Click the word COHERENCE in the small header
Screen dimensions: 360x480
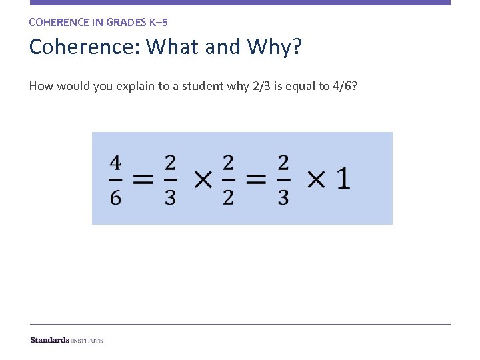tap(58, 22)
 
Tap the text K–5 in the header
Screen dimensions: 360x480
tap(161, 22)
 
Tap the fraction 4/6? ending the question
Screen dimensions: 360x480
tap(345, 85)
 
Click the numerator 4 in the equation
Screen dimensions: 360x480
tap(116, 163)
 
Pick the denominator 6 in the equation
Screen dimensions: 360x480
tap(116, 198)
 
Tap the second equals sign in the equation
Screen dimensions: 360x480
tap(255, 179)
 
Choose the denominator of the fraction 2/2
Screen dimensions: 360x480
tap(228, 198)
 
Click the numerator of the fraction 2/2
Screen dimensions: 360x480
tap(228, 163)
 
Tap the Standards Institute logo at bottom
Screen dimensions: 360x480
tap(67, 340)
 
